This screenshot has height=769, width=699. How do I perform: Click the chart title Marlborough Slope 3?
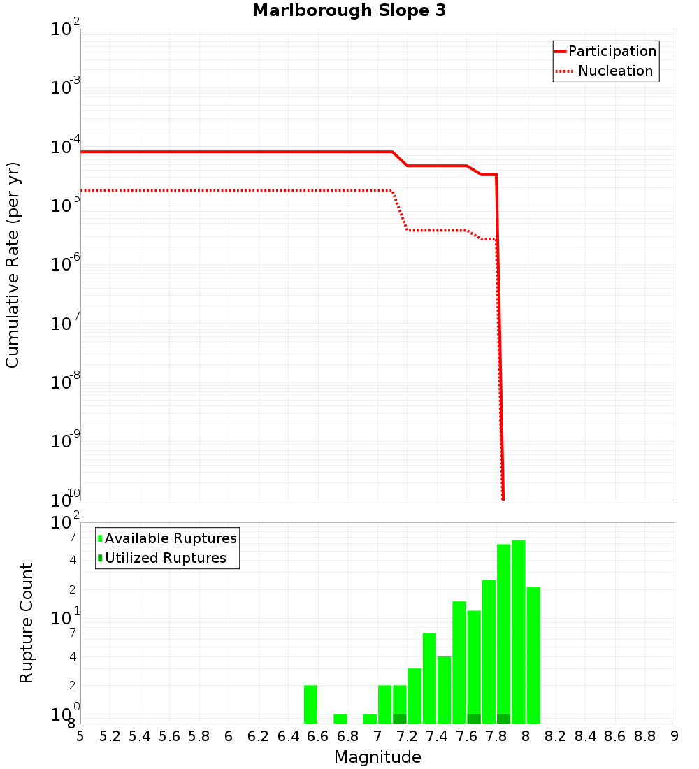[349, 11]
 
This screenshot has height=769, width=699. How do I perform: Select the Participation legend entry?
[605, 51]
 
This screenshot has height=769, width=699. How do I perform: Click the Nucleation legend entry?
[605, 71]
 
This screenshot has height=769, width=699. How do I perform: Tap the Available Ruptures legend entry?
[167, 538]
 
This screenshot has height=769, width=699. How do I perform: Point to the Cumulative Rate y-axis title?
[13, 264]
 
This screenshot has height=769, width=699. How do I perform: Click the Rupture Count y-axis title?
[27, 623]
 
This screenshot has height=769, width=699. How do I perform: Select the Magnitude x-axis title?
[377, 757]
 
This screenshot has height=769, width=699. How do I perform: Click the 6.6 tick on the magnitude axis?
[318, 735]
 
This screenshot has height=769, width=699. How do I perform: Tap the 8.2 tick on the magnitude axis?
[556, 735]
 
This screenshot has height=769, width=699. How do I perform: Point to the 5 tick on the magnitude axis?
[80, 735]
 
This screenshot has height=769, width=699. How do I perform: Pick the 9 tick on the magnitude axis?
[675, 735]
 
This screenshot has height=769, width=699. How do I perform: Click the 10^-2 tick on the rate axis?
[66, 29]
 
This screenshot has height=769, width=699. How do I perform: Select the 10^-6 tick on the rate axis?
[66, 265]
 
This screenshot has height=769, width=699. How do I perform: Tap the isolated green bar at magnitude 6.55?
[311, 705]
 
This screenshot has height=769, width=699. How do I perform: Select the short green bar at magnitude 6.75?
[340, 719]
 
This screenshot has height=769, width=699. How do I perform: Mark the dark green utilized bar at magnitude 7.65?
[474, 719]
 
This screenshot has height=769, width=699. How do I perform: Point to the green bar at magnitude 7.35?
[429, 678]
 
